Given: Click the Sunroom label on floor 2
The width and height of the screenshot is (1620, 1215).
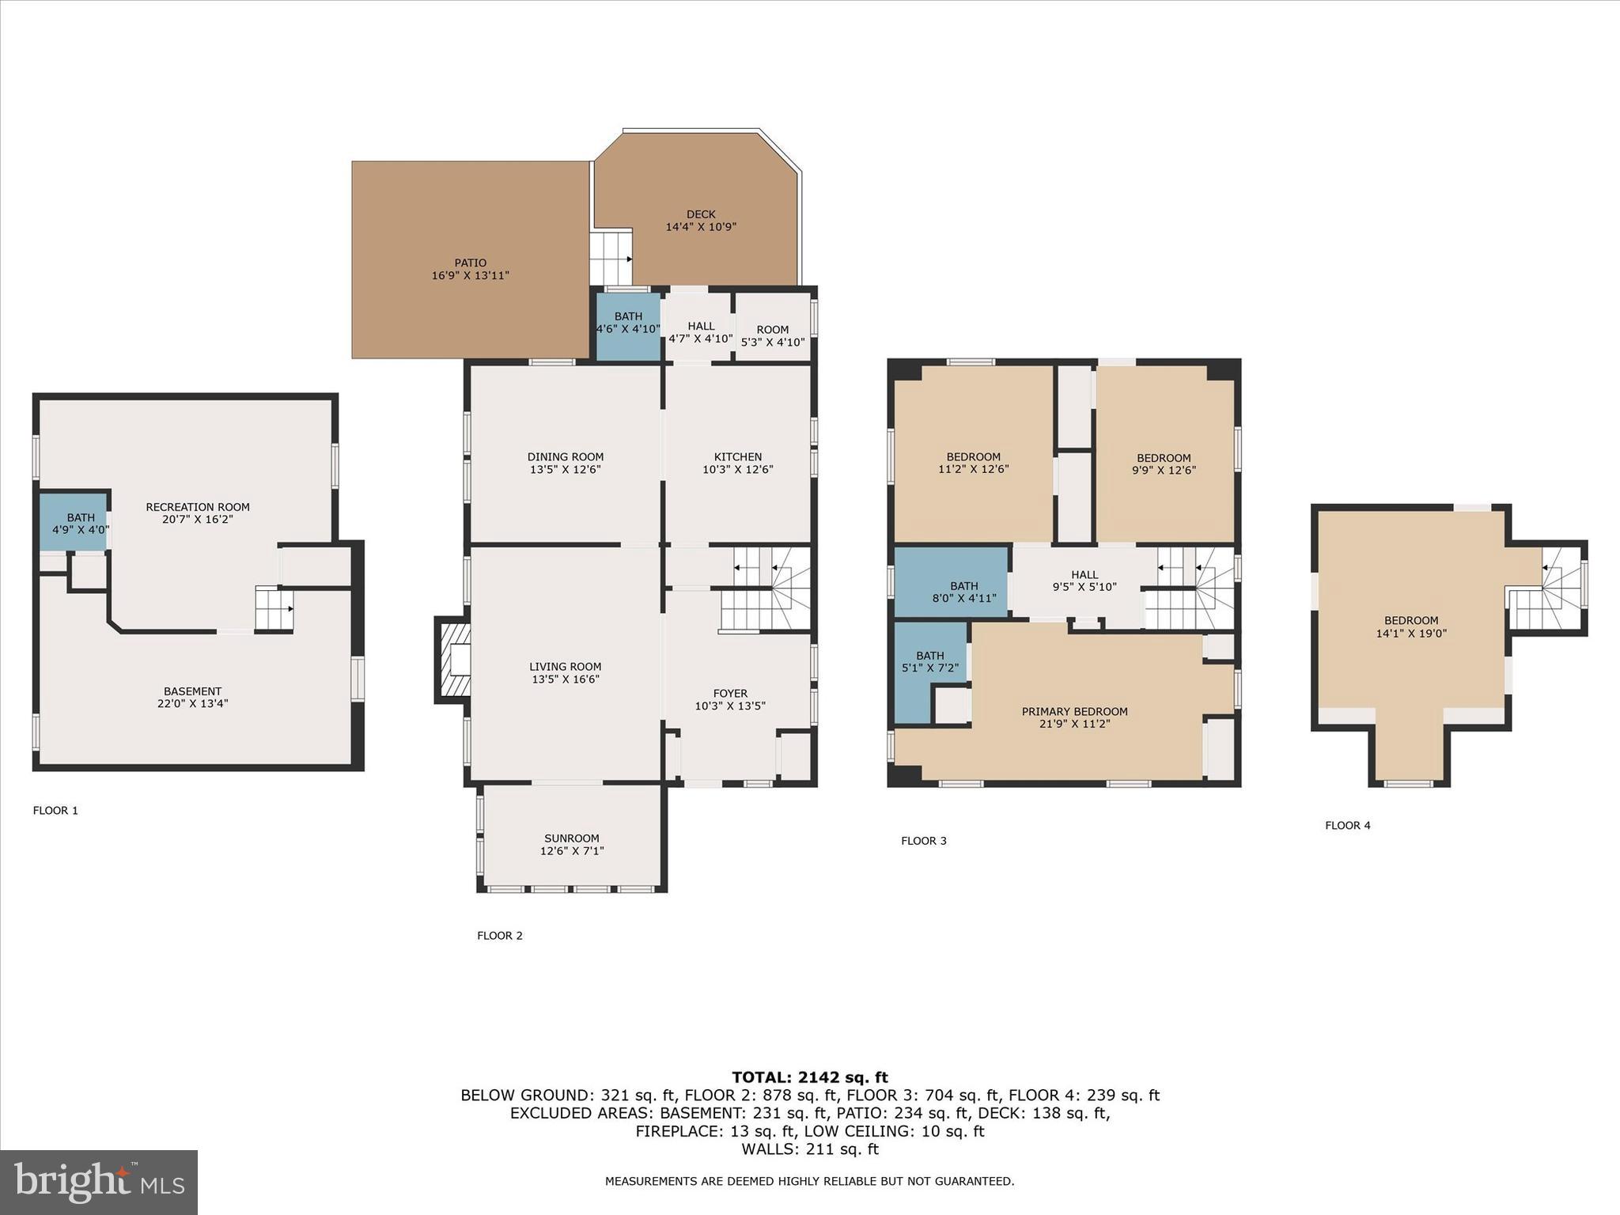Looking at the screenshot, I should (571, 838).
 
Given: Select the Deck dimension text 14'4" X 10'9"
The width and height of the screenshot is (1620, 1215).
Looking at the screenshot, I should (701, 227).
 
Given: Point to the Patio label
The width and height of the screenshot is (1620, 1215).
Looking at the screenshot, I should (470, 263).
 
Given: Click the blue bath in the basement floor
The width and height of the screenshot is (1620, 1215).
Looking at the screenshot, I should (75, 523).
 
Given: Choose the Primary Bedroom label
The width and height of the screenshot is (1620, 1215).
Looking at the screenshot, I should (1073, 712).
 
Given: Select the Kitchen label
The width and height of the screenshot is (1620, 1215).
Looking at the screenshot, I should (737, 457).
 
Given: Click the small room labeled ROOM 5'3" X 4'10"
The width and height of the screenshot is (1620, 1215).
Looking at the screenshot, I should (772, 335).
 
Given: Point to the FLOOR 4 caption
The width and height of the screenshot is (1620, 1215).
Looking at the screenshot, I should (1347, 826).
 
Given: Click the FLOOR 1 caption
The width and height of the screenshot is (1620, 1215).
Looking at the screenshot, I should (55, 811).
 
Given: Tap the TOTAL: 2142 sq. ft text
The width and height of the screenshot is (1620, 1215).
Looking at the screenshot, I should (809, 1077).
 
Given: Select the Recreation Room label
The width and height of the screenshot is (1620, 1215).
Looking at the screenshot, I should (197, 508).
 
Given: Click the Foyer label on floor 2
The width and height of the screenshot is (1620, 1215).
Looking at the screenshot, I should (729, 694).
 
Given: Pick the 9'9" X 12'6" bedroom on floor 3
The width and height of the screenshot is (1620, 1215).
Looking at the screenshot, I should (1163, 464).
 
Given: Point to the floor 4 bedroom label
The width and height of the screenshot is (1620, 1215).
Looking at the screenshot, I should (1410, 621).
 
